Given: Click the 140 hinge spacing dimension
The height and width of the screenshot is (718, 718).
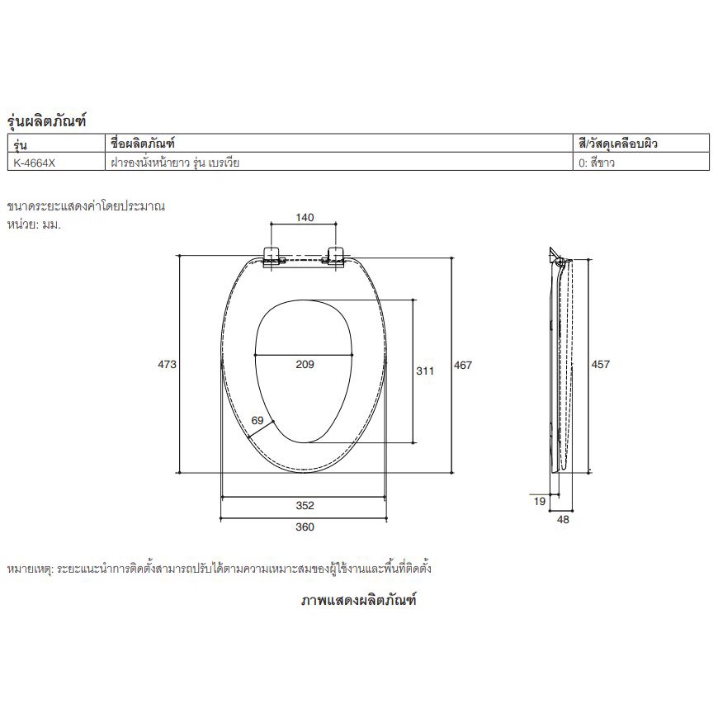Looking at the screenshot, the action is (x=305, y=218).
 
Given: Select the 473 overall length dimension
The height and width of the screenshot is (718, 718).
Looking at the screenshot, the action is (x=168, y=365).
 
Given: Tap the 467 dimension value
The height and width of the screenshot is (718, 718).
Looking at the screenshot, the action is (x=463, y=366).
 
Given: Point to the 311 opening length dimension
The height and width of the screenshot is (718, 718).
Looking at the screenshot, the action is (x=425, y=371).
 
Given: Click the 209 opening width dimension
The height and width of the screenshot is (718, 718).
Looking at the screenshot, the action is (x=305, y=365).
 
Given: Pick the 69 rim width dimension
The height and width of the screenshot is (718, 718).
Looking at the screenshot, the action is (x=257, y=420).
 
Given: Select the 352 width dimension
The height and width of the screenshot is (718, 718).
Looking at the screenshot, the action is (x=305, y=506).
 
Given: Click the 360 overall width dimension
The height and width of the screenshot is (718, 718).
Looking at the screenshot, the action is (x=305, y=527).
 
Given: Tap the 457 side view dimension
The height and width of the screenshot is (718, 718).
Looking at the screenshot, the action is (x=600, y=365).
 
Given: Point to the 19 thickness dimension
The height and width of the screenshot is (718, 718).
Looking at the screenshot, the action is (x=540, y=502).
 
